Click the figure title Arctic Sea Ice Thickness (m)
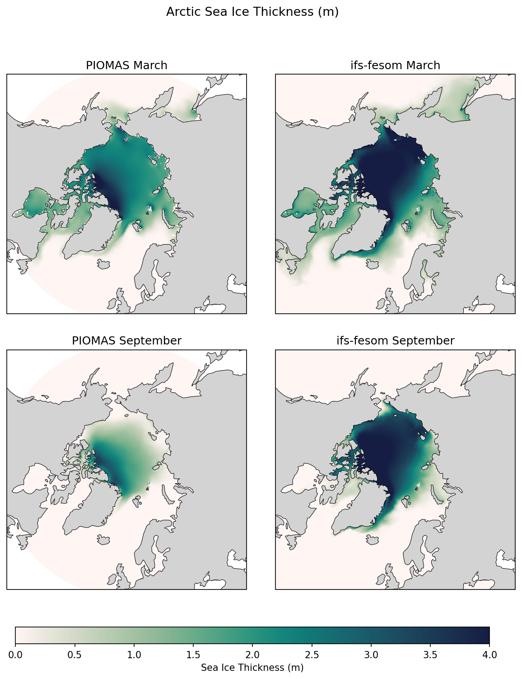point(252,12)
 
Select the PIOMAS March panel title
point(126,66)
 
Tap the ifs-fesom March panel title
point(395,66)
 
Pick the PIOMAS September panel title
point(126,341)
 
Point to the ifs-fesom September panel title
point(395,341)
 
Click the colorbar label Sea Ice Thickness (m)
point(252,668)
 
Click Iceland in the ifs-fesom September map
point(373,539)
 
